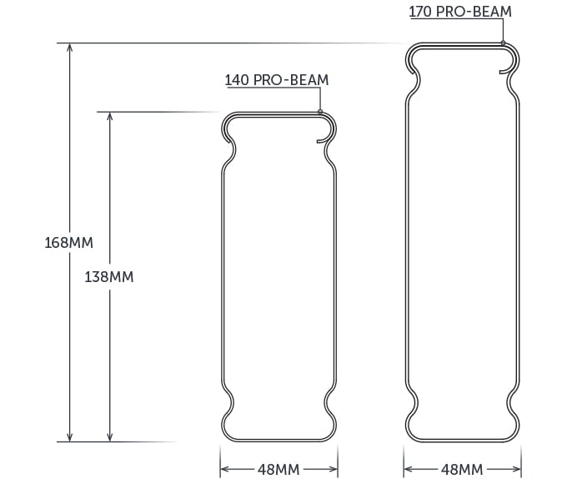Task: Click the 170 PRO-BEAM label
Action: pyautogui.click(x=460, y=13)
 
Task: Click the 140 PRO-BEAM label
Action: pyautogui.click(x=277, y=81)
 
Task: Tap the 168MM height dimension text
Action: pyautogui.click(x=69, y=243)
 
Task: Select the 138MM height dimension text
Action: pyautogui.click(x=109, y=277)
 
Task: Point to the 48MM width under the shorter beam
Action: pyautogui.click(x=278, y=469)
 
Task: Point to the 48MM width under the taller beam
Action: pyautogui.click(x=462, y=469)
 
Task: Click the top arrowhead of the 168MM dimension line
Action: pyautogui.click(x=70, y=47)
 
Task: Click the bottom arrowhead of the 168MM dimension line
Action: pyautogui.click(x=70, y=436)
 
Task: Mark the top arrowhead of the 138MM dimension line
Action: pyautogui.click(x=109, y=117)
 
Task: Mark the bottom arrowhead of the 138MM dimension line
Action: pyautogui.click(x=109, y=436)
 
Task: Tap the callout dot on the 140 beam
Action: pyautogui.click(x=320, y=112)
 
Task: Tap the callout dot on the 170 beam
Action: pyautogui.click(x=504, y=43)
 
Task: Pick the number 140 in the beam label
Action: pyautogui.click(x=237, y=81)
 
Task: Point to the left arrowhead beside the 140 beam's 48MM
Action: pyautogui.click(x=224, y=469)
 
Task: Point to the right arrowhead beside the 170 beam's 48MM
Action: pyautogui.click(x=517, y=469)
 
